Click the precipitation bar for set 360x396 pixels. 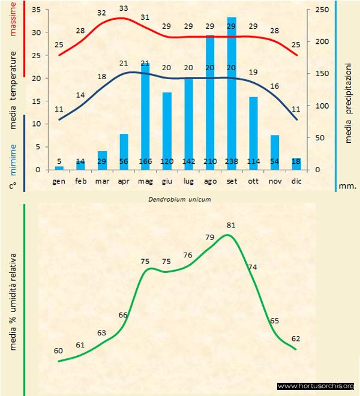(x=232, y=96)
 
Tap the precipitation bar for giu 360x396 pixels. (x=167, y=132)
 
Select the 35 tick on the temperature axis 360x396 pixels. (x=35, y=10)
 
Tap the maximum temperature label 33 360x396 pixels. (x=124, y=8)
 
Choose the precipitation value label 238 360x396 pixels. (x=232, y=161)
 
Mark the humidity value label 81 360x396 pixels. (x=231, y=226)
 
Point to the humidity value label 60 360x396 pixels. (x=58, y=351)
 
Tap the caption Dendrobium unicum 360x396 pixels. (x=179, y=199)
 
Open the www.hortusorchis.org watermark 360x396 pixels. (x=316, y=386)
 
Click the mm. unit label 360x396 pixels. (x=347, y=186)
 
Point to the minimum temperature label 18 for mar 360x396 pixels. (x=101, y=77)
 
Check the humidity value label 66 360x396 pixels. (x=123, y=315)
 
